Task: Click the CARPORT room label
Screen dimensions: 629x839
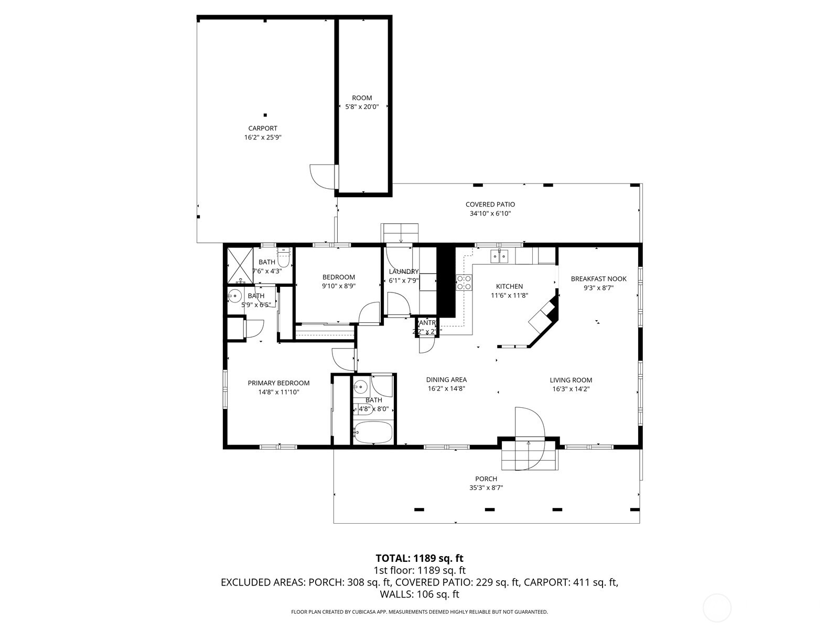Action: pos(262,128)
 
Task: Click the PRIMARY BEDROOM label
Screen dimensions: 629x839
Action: pos(278,383)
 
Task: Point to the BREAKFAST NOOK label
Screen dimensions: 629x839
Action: pos(598,279)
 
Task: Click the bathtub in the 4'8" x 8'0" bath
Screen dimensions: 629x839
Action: pos(373,433)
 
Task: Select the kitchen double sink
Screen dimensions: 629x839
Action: pos(499,256)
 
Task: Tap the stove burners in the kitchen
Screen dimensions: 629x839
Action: pos(464,283)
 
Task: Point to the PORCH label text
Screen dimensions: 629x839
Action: pos(486,479)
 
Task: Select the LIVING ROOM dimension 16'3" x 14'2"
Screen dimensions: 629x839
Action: pos(571,389)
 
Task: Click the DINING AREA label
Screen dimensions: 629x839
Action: pos(446,380)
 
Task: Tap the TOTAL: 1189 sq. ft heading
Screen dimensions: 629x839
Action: pos(419,558)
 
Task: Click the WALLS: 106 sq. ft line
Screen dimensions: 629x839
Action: pos(419,594)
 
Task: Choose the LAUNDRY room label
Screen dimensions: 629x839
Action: pos(403,272)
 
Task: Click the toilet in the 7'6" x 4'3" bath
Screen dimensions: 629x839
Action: pos(284,258)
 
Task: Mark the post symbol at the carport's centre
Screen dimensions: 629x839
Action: pos(265,115)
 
